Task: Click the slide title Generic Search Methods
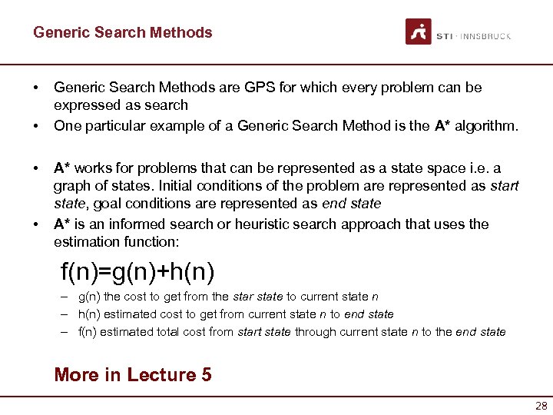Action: tap(122, 32)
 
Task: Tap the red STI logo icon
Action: tap(419, 32)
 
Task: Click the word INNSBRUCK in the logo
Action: tap(485, 36)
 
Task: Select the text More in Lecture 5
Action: tap(133, 375)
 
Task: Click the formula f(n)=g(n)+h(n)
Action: tap(137, 271)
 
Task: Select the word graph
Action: tap(72, 186)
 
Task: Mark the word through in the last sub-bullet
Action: tap(315, 332)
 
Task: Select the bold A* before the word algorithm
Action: tap(443, 125)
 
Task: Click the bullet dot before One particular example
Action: tap(37, 125)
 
